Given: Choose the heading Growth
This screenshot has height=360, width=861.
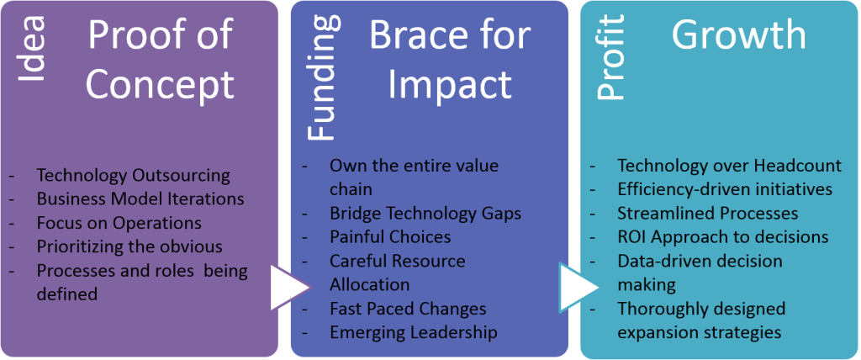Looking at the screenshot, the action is tap(738, 35).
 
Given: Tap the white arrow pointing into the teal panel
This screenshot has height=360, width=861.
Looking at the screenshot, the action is tap(574, 286).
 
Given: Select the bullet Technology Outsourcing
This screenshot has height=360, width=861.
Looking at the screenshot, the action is tap(133, 176).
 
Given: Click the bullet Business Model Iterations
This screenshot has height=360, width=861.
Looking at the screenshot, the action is tap(140, 199).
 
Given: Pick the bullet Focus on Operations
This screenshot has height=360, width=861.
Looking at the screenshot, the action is tap(119, 223).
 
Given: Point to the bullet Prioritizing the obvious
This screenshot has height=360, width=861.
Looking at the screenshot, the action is tap(129, 246).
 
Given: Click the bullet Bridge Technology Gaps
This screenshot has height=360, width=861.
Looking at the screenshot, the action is tap(425, 213).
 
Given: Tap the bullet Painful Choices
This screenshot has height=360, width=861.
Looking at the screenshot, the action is tap(390, 237).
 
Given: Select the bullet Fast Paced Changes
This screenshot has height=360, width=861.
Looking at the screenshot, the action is tap(408, 309).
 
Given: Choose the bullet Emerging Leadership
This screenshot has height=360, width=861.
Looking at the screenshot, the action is tap(413, 332).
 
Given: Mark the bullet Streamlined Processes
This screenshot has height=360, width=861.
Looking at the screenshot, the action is tap(707, 213).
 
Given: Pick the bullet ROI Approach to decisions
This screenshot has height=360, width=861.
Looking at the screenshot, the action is tap(722, 237).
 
